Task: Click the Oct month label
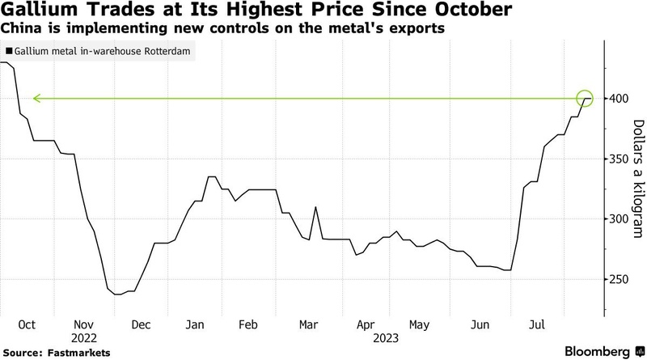click(27, 324)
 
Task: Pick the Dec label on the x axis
click(142, 324)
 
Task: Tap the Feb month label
click(247, 324)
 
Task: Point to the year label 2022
click(83, 337)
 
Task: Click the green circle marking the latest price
click(586, 99)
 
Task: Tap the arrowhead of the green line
click(35, 99)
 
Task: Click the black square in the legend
click(8, 51)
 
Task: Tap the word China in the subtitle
click(21, 29)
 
